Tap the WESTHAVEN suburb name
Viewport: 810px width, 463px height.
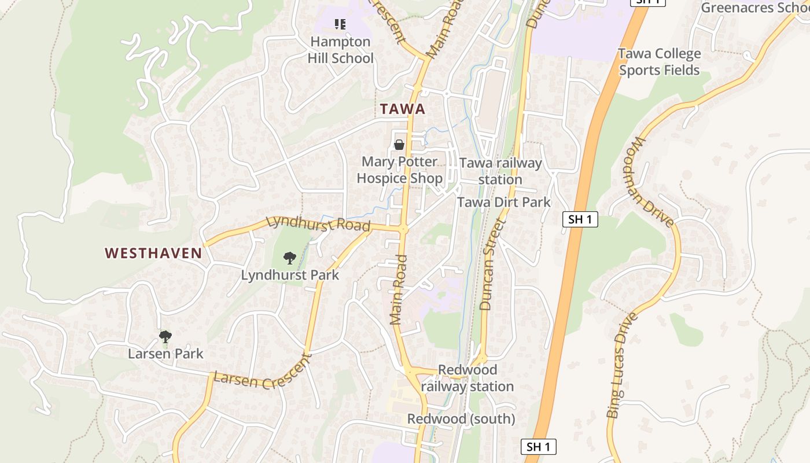tap(153, 253)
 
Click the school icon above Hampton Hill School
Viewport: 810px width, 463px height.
tap(340, 24)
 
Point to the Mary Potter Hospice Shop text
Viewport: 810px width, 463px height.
tap(399, 170)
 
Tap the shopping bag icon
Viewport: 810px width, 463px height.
tap(399, 145)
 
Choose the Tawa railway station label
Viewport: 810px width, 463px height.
tap(500, 171)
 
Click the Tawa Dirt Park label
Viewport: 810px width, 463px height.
tap(504, 202)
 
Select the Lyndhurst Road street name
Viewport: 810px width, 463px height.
tap(318, 224)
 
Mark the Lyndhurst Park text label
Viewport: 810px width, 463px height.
tap(290, 275)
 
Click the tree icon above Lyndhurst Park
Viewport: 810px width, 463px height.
tap(290, 258)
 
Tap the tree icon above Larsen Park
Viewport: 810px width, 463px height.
tap(165, 336)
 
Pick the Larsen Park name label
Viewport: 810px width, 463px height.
tap(165, 354)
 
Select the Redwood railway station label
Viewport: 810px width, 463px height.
tap(467, 378)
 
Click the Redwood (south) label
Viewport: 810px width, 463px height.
tap(461, 418)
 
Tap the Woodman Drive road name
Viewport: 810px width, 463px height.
tap(654, 182)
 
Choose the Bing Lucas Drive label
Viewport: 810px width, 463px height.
tap(623, 365)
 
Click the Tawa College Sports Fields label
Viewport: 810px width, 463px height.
tap(660, 62)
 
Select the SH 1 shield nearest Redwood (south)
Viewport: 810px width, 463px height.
tap(538, 447)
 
